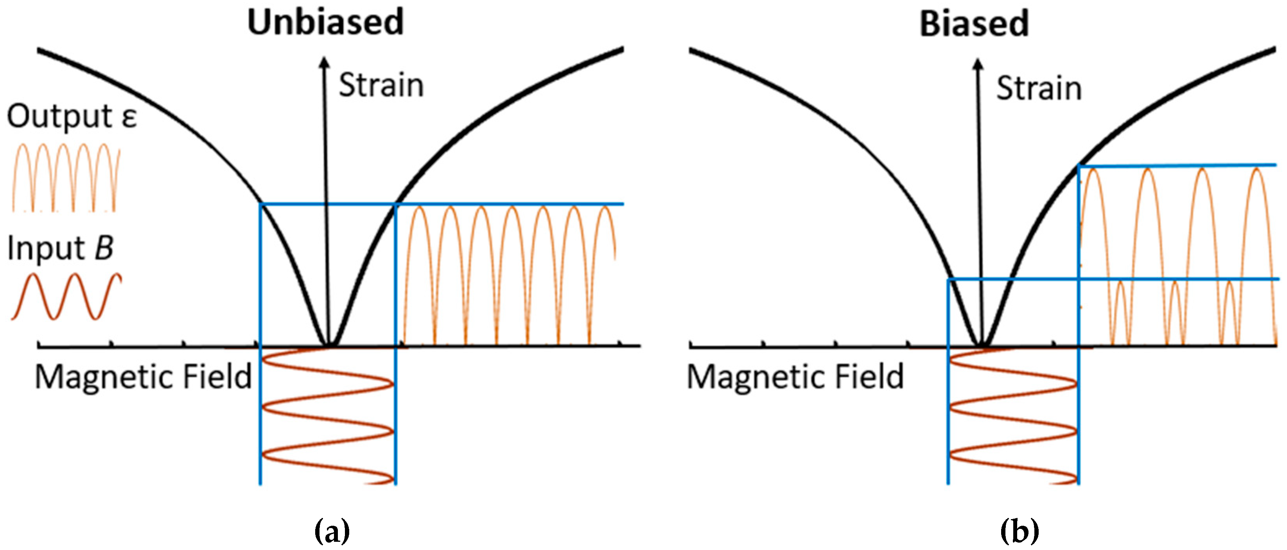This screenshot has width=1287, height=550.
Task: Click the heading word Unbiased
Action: pos(325,22)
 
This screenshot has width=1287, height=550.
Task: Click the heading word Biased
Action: pos(974,23)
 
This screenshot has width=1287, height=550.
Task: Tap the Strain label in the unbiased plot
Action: pos(381,85)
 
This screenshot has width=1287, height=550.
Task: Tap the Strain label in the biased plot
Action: pos(1039,89)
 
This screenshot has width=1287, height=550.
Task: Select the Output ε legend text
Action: pos(72,117)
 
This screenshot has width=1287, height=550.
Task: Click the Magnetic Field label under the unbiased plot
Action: pos(144,377)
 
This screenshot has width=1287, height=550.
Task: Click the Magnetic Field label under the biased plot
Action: pos(795,377)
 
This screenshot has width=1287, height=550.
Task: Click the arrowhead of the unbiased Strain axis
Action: pos(325,63)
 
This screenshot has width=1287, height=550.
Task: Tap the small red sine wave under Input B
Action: pos(66,296)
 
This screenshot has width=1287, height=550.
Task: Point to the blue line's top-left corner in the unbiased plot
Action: pos(260,204)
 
